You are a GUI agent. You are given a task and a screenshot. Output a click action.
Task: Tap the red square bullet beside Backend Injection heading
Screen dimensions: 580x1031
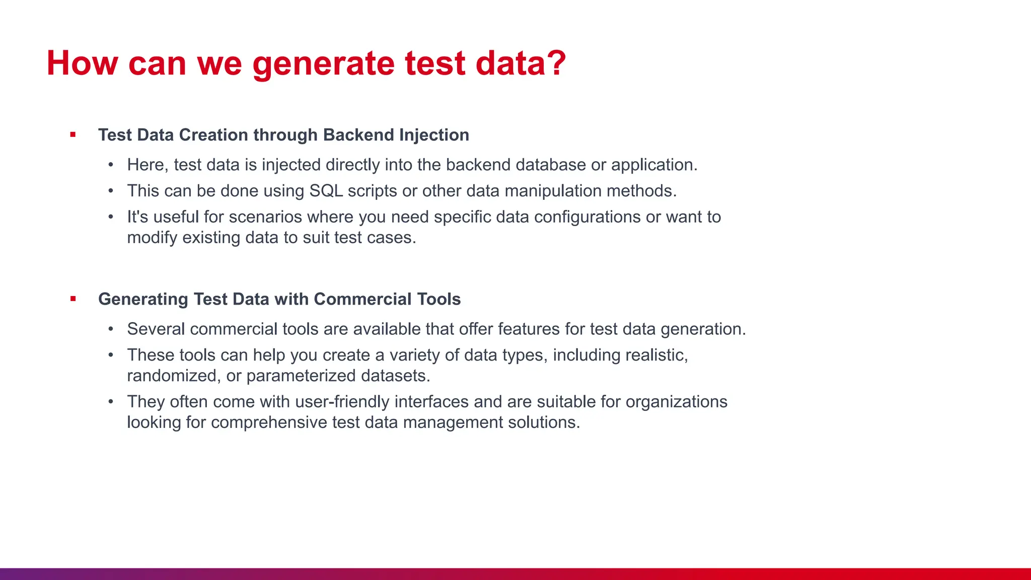(73, 134)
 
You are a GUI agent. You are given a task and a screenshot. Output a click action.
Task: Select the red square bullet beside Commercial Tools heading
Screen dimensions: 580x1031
(73, 299)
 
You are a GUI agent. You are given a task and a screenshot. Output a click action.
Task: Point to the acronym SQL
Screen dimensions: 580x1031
(326, 191)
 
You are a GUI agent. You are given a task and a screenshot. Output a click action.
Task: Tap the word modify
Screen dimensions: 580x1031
(152, 238)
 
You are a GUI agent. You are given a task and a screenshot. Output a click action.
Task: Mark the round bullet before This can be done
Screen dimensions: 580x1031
(111, 191)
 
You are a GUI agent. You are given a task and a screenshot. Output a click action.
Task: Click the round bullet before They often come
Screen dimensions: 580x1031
(111, 402)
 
